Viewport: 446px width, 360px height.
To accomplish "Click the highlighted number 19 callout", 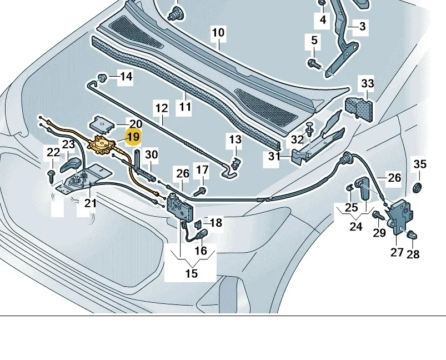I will [133, 137].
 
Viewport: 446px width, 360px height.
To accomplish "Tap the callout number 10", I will [218, 33].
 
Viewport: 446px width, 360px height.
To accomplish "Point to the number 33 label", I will [368, 84].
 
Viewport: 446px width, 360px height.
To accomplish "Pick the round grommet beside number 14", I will [102, 76].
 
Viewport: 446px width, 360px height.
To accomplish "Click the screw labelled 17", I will [201, 191].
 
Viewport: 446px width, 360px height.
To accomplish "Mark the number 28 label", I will [413, 254].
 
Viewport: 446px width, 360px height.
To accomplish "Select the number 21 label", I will [90, 203].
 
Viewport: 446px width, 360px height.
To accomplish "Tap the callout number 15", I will [191, 273].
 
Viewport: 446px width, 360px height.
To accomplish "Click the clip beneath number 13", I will [236, 162].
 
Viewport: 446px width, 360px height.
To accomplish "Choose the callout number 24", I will [355, 227].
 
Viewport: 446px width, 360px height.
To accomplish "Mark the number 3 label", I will [362, 26].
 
